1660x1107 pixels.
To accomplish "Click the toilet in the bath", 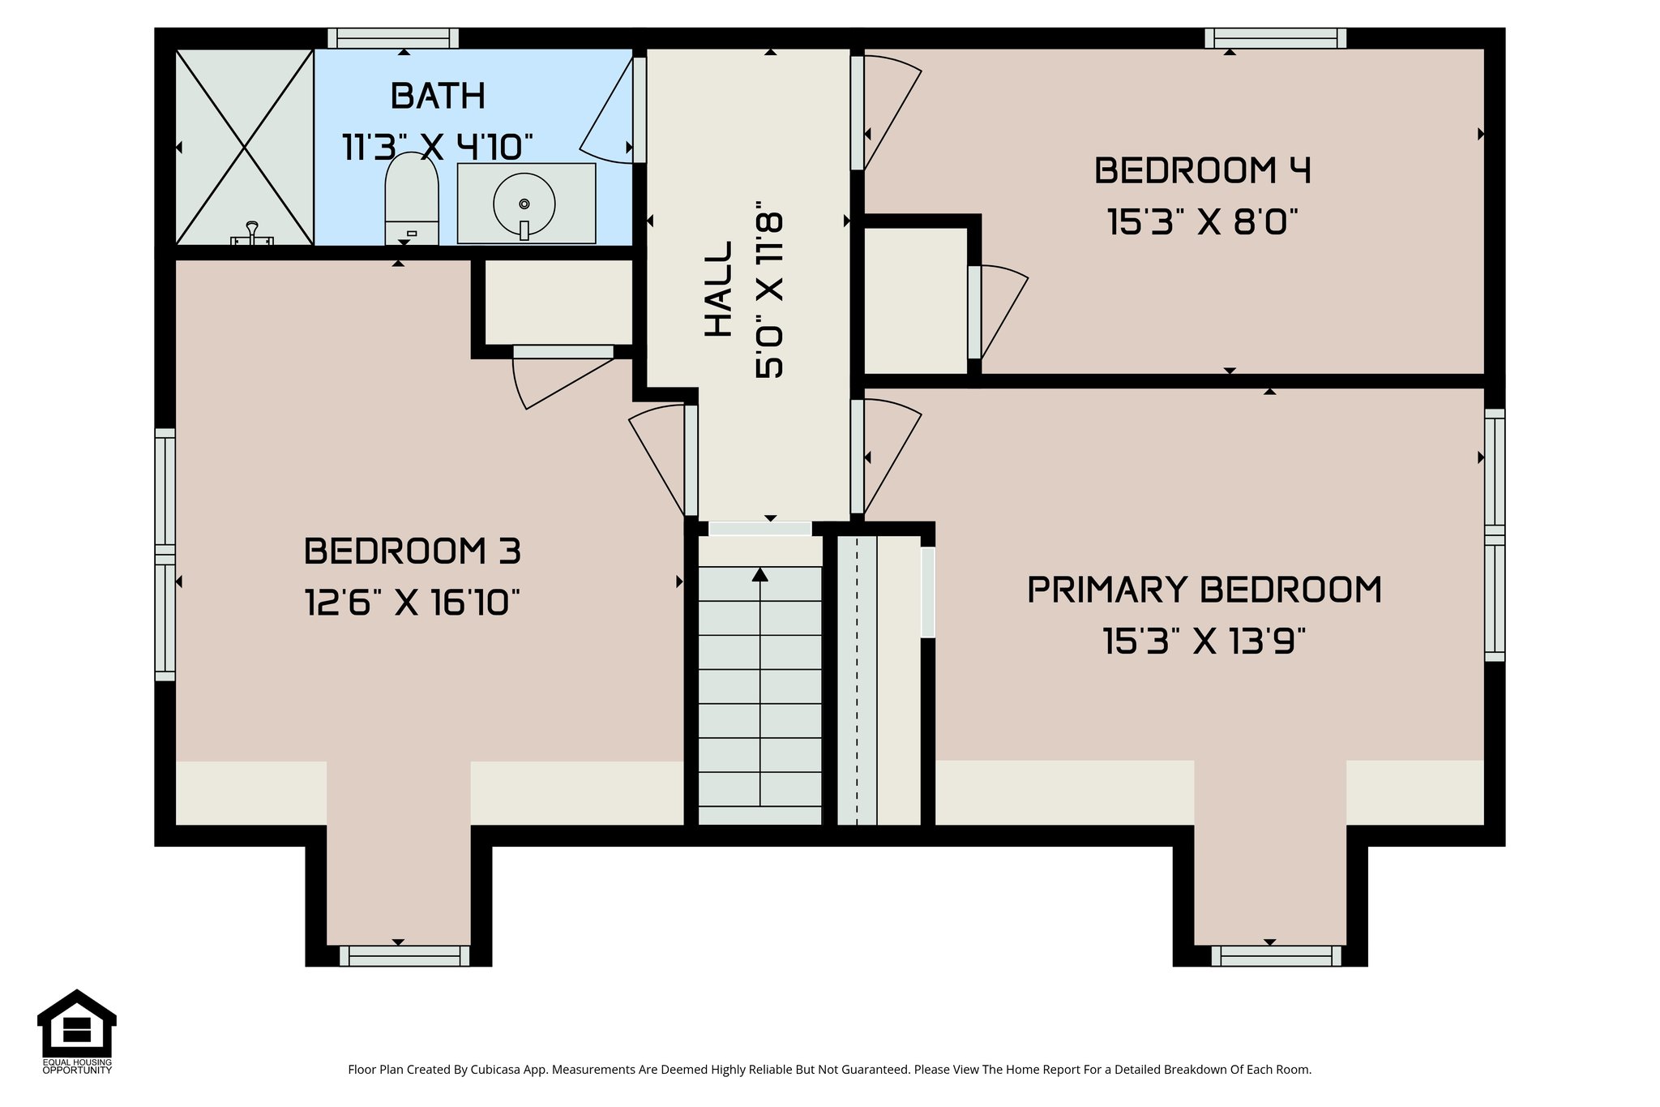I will click(412, 199).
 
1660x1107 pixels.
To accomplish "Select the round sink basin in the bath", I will click(524, 203).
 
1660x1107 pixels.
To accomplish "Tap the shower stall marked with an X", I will click(245, 148).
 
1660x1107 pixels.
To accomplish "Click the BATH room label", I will click(438, 97).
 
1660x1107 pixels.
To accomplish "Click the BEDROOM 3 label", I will click(412, 551).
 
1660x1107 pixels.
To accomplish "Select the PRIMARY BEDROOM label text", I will click(1204, 590).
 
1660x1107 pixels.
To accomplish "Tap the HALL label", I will click(718, 289).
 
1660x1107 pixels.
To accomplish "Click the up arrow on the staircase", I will click(759, 575).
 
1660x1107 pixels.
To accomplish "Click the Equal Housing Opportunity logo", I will click(77, 1030).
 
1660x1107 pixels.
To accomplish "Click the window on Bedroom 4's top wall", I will click(1275, 38).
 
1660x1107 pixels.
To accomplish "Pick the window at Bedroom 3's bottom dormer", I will click(404, 956).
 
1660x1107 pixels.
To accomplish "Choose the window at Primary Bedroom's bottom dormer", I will click(1276, 956).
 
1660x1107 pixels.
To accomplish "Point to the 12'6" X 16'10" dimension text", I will click(412, 603).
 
